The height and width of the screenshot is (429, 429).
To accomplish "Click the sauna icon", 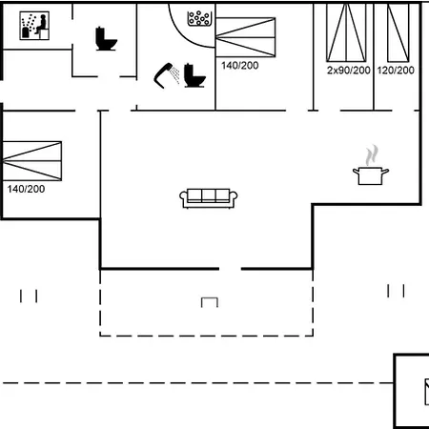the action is [x=34, y=26].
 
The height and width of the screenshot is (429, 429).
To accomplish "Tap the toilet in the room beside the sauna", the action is [x=106, y=39].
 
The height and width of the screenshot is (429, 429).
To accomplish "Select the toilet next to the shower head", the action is [x=194, y=75].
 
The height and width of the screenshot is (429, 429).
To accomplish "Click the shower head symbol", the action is [x=165, y=75].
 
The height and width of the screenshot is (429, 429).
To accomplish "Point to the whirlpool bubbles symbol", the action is [x=199, y=18].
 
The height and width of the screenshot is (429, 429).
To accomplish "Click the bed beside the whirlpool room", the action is [x=246, y=37].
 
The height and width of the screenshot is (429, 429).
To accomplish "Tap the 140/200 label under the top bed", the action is [x=240, y=66].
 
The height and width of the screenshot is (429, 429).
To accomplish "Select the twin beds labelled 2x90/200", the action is [x=346, y=32].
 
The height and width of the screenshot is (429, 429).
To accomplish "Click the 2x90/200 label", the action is [x=349, y=71].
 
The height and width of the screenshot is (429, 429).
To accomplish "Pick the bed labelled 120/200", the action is [x=398, y=32].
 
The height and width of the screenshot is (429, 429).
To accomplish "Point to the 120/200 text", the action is [x=396, y=71].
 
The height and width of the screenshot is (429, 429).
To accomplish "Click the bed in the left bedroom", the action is [x=32, y=161].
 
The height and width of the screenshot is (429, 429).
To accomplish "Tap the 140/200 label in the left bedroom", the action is [x=26, y=189].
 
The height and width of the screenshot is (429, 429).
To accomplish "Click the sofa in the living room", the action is [x=209, y=198].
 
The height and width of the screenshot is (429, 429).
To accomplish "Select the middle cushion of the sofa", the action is [x=209, y=195].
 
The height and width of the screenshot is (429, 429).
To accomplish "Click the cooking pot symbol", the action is [x=371, y=175].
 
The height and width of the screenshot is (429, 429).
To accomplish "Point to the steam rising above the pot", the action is [x=372, y=155].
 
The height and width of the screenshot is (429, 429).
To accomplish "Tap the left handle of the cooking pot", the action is [x=356, y=172].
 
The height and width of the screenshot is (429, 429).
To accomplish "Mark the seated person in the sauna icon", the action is [x=42, y=25].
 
